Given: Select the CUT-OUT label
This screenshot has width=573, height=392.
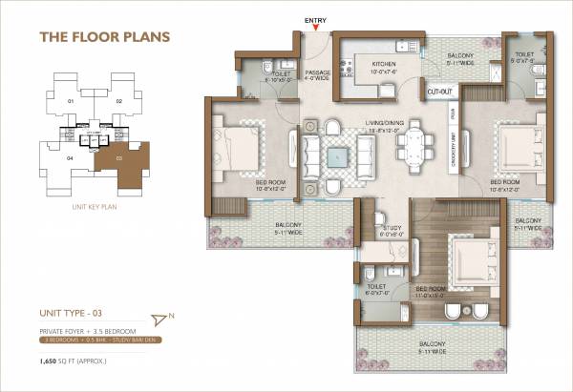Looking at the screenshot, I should (440, 92).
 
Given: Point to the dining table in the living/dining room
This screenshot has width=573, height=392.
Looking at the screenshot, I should (414, 149).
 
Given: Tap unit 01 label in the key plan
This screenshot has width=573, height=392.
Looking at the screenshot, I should (70, 100).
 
